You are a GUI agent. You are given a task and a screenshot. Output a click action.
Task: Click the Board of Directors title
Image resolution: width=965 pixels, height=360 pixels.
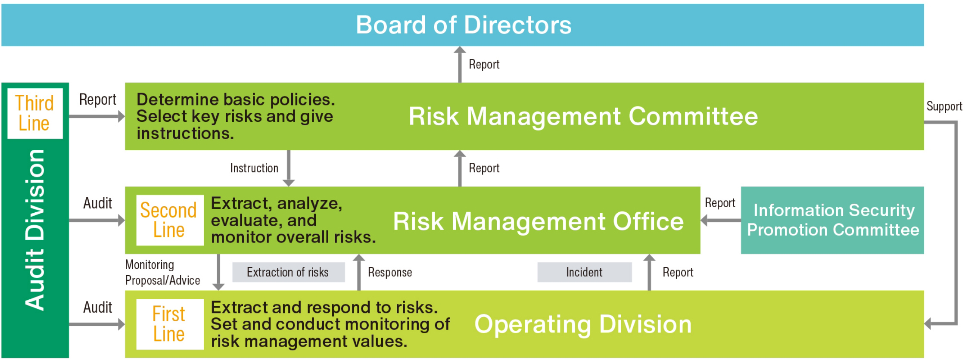[x=464, y=25]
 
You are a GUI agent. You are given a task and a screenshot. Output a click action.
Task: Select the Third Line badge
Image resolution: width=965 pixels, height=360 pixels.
[x=35, y=113]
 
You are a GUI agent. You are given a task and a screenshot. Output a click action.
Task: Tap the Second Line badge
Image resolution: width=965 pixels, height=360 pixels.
[x=170, y=220]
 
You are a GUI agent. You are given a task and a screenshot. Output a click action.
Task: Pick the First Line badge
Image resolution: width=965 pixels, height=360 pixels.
[x=170, y=324]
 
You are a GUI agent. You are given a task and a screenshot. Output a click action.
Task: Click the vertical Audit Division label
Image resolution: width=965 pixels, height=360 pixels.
[x=35, y=230]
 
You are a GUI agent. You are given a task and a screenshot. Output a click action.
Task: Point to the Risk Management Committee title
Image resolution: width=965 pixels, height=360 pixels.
[x=583, y=116]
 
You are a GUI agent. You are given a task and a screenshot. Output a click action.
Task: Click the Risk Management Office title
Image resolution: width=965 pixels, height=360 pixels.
[x=538, y=221]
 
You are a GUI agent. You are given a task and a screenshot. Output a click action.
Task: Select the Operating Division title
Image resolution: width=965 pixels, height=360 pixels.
[x=583, y=324]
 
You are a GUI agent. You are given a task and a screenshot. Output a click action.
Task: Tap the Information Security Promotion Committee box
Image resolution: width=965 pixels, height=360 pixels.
[x=832, y=220]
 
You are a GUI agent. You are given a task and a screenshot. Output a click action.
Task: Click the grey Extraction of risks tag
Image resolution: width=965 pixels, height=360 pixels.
[x=288, y=272]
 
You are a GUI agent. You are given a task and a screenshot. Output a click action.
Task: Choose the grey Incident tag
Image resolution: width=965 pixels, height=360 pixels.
[x=584, y=272]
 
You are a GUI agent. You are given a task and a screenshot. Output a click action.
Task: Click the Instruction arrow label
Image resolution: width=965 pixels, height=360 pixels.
[x=254, y=168]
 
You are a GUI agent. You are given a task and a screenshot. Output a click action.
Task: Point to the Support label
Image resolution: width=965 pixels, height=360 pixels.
[x=944, y=106]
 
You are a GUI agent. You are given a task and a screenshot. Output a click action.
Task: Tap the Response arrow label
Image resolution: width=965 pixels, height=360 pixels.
[x=390, y=272]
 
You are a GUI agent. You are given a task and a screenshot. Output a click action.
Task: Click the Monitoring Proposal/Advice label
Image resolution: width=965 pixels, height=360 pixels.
[x=162, y=273]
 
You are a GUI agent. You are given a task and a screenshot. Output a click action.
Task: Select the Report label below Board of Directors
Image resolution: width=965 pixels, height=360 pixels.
[x=484, y=64]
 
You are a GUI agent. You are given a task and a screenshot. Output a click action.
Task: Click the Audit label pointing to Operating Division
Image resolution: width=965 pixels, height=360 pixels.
[x=98, y=307]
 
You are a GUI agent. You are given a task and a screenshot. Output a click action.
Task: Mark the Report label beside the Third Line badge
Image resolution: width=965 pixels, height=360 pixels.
[x=98, y=100]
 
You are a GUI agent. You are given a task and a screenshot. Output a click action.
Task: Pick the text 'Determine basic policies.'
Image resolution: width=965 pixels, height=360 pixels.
[x=236, y=99]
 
